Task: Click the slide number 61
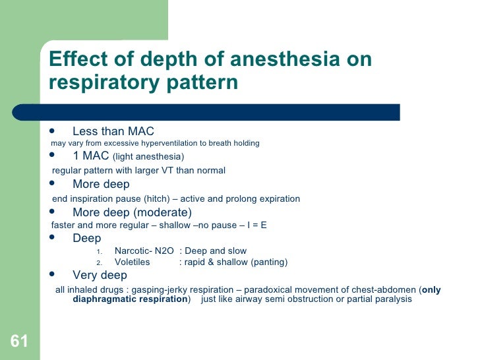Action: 18,341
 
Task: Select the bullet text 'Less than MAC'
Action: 113,131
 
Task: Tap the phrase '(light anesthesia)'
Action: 148,157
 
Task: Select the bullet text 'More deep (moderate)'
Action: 132,212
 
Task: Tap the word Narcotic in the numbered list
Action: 132,251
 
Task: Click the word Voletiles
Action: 132,262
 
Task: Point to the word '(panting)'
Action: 266,262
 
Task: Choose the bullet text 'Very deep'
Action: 100,275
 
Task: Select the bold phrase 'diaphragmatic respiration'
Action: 130,299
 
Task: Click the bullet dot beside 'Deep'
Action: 53,238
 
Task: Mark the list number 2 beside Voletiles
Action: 99,262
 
